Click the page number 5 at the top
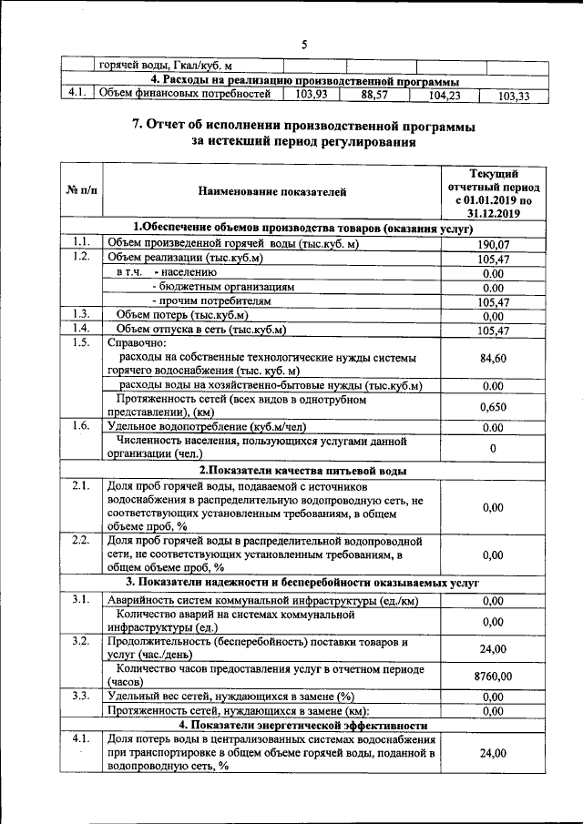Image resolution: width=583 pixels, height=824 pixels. coord(305,46)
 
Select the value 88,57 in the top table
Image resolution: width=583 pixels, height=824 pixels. coord(375,94)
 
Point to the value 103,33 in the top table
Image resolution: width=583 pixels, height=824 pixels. coord(515,96)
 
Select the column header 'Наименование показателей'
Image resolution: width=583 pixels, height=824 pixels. coord(272,191)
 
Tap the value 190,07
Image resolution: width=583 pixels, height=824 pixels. coord(493,244)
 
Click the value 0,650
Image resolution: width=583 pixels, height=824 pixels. coord(493,406)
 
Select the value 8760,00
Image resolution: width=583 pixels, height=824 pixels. coord(493,676)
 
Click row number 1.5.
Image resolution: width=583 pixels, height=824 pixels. coord(81,343)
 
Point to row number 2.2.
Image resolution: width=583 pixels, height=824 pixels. coord(81,540)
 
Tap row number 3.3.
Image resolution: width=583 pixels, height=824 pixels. coord(81,697)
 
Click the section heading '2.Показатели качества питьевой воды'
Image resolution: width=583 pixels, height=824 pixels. coord(302,471)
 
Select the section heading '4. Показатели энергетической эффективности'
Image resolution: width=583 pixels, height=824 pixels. coord(302,725)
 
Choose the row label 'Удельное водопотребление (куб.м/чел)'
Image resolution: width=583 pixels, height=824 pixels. coord(218,426)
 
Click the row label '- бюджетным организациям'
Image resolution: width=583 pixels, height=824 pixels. coord(223,287)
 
